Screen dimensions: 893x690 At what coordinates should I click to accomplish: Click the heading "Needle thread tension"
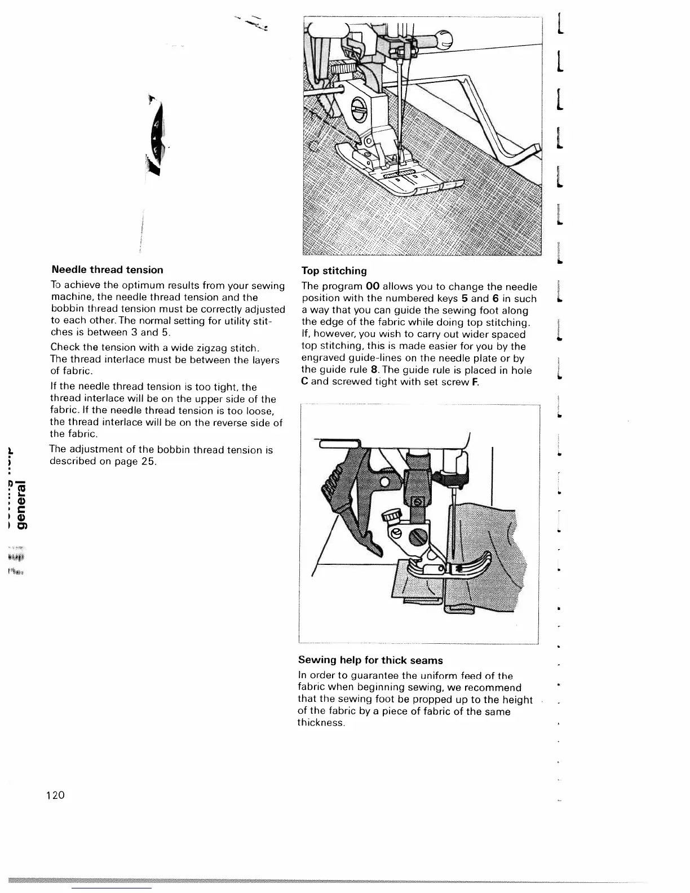pos(107,270)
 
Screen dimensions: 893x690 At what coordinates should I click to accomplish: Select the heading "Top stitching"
pos(334,271)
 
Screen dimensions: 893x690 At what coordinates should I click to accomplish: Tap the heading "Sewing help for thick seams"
pos(370,660)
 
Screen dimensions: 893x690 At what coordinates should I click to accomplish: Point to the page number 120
pos(56,795)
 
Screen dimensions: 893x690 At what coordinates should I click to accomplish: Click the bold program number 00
pos(373,287)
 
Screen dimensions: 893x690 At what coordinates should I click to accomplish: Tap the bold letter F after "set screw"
pos(475,382)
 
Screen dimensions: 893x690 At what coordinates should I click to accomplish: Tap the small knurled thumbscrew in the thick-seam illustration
pos(390,517)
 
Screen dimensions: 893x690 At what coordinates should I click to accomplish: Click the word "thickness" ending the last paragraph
pos(321,723)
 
